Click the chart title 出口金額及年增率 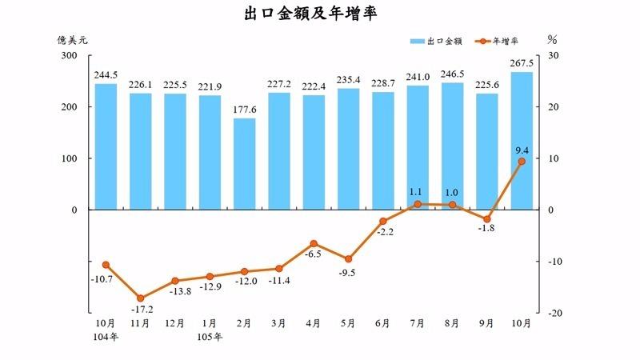pyautogui.click(x=320, y=14)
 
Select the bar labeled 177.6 pyautogui.click(x=244, y=164)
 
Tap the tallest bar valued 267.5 pyautogui.click(x=522, y=141)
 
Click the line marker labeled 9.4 pyautogui.click(x=522, y=162)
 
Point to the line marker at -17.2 pyautogui.click(x=140, y=298)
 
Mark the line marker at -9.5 pyautogui.click(x=348, y=259)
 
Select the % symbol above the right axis pyautogui.click(x=552, y=38)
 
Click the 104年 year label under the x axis pyautogui.click(x=106, y=336)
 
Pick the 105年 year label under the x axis pyautogui.click(x=210, y=336)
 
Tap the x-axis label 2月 pyautogui.click(x=244, y=323)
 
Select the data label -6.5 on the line pyautogui.click(x=314, y=254)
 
